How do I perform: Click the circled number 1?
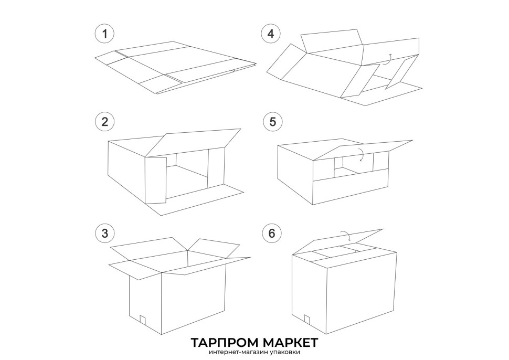104,34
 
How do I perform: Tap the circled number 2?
104,122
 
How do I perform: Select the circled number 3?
104,233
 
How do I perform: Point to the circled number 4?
271,34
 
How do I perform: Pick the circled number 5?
272,122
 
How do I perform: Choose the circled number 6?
272,233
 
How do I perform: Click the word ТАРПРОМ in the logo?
224,343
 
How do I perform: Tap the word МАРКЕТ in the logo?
290,343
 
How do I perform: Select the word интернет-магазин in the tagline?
239,352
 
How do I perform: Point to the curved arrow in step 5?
362,154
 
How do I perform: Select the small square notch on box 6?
307,319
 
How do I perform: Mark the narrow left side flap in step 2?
156,180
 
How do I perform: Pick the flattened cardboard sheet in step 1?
175,67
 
